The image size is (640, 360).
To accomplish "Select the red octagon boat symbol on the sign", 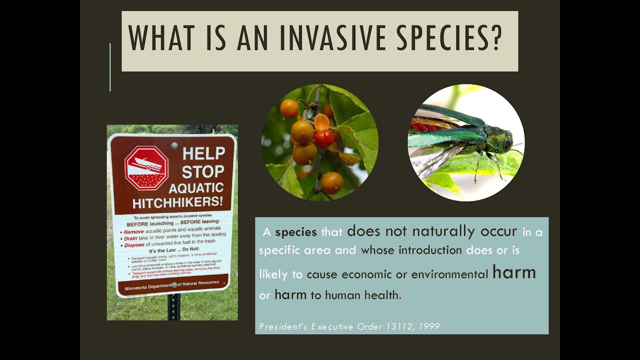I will [x=146, y=168].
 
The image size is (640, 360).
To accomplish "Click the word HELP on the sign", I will [x=203, y=153].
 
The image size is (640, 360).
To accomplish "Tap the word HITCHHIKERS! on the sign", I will [x=178, y=203].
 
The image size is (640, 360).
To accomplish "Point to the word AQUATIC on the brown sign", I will [x=196, y=188].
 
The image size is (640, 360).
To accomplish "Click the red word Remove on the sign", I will [x=133, y=232].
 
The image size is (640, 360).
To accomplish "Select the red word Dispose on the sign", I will [x=134, y=244].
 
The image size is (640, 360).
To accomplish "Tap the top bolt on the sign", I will [x=174, y=145].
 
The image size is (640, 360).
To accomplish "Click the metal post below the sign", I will [x=173, y=307].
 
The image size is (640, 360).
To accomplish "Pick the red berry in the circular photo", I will [x=323, y=138].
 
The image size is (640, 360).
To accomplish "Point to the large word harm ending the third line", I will [x=514, y=272].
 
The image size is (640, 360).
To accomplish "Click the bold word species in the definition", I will [x=296, y=232].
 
